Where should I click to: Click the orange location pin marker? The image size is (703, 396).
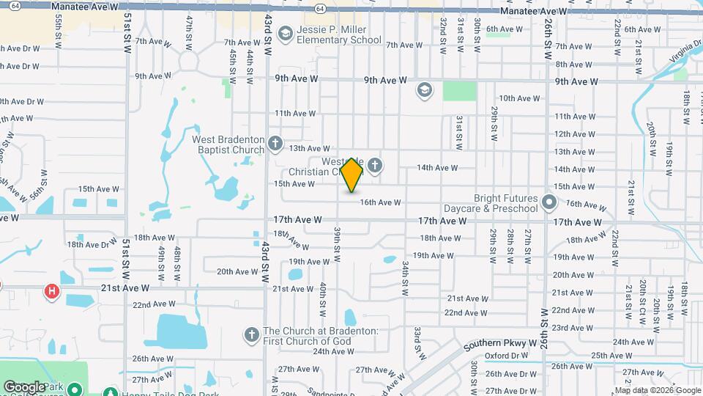352,175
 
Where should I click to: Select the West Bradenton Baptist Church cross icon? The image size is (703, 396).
275,142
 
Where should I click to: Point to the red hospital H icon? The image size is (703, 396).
52,293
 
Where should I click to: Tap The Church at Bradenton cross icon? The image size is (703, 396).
251,334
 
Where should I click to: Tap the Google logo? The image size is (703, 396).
24,386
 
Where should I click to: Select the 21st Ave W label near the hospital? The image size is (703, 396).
125,288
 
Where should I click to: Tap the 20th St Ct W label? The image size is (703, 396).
641,296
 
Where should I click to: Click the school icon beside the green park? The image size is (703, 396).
423,90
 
